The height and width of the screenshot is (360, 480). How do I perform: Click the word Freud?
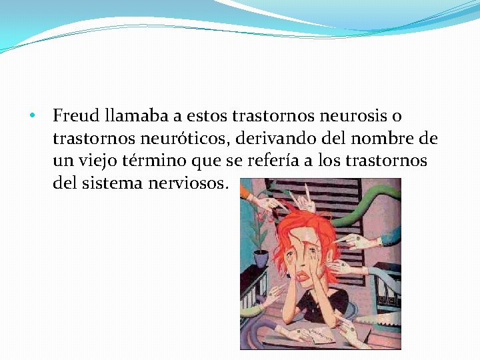(76, 116)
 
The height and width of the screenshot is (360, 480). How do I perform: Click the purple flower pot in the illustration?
(261, 257)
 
